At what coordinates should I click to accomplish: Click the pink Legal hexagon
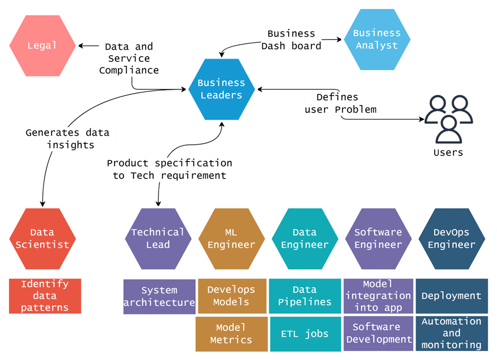coord(42,46)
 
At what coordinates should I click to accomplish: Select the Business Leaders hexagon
coord(221,89)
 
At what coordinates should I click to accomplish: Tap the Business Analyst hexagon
coord(377,39)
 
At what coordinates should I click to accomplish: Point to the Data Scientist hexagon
coord(42,238)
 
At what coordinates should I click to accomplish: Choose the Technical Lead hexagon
coord(158,238)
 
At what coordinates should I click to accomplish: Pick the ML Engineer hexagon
coord(231,238)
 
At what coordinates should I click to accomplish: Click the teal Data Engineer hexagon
coord(305,238)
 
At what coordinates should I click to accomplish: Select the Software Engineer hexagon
coord(378,238)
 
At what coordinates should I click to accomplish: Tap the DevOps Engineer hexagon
coord(452,238)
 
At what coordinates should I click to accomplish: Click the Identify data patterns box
coord(45,296)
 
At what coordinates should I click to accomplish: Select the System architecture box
coord(159,296)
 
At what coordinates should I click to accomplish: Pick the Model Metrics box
coord(231,333)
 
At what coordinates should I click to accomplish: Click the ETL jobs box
coord(305,334)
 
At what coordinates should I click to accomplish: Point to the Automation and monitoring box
coord(452,333)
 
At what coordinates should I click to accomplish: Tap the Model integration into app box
coord(378,296)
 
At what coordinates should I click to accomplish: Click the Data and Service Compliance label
coord(128,59)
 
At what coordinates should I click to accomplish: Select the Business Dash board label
coord(292,40)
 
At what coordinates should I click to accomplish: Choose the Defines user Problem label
coord(341,104)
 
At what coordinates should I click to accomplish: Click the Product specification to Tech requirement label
coord(169,169)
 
